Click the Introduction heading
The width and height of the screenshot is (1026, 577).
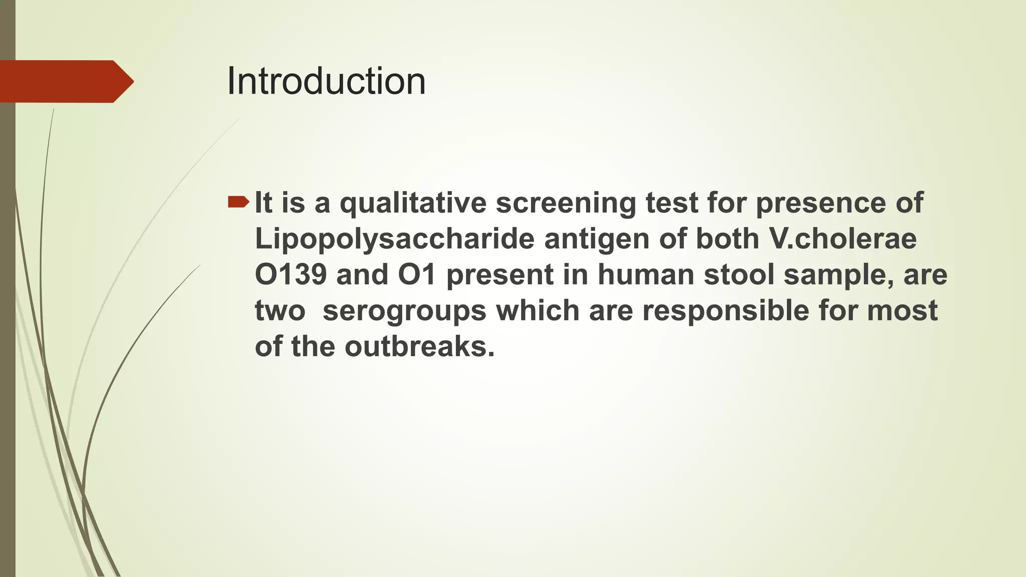click(x=326, y=82)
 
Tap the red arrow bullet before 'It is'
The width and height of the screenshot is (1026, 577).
click(x=238, y=202)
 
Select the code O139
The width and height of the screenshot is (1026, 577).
click(x=291, y=275)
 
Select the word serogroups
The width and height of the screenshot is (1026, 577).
click(x=404, y=311)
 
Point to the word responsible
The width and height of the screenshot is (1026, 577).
click(x=725, y=311)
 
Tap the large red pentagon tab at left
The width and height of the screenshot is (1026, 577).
click(x=65, y=82)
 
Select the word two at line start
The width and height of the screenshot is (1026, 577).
click(x=280, y=311)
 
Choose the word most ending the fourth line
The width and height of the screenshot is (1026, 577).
click(x=902, y=311)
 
